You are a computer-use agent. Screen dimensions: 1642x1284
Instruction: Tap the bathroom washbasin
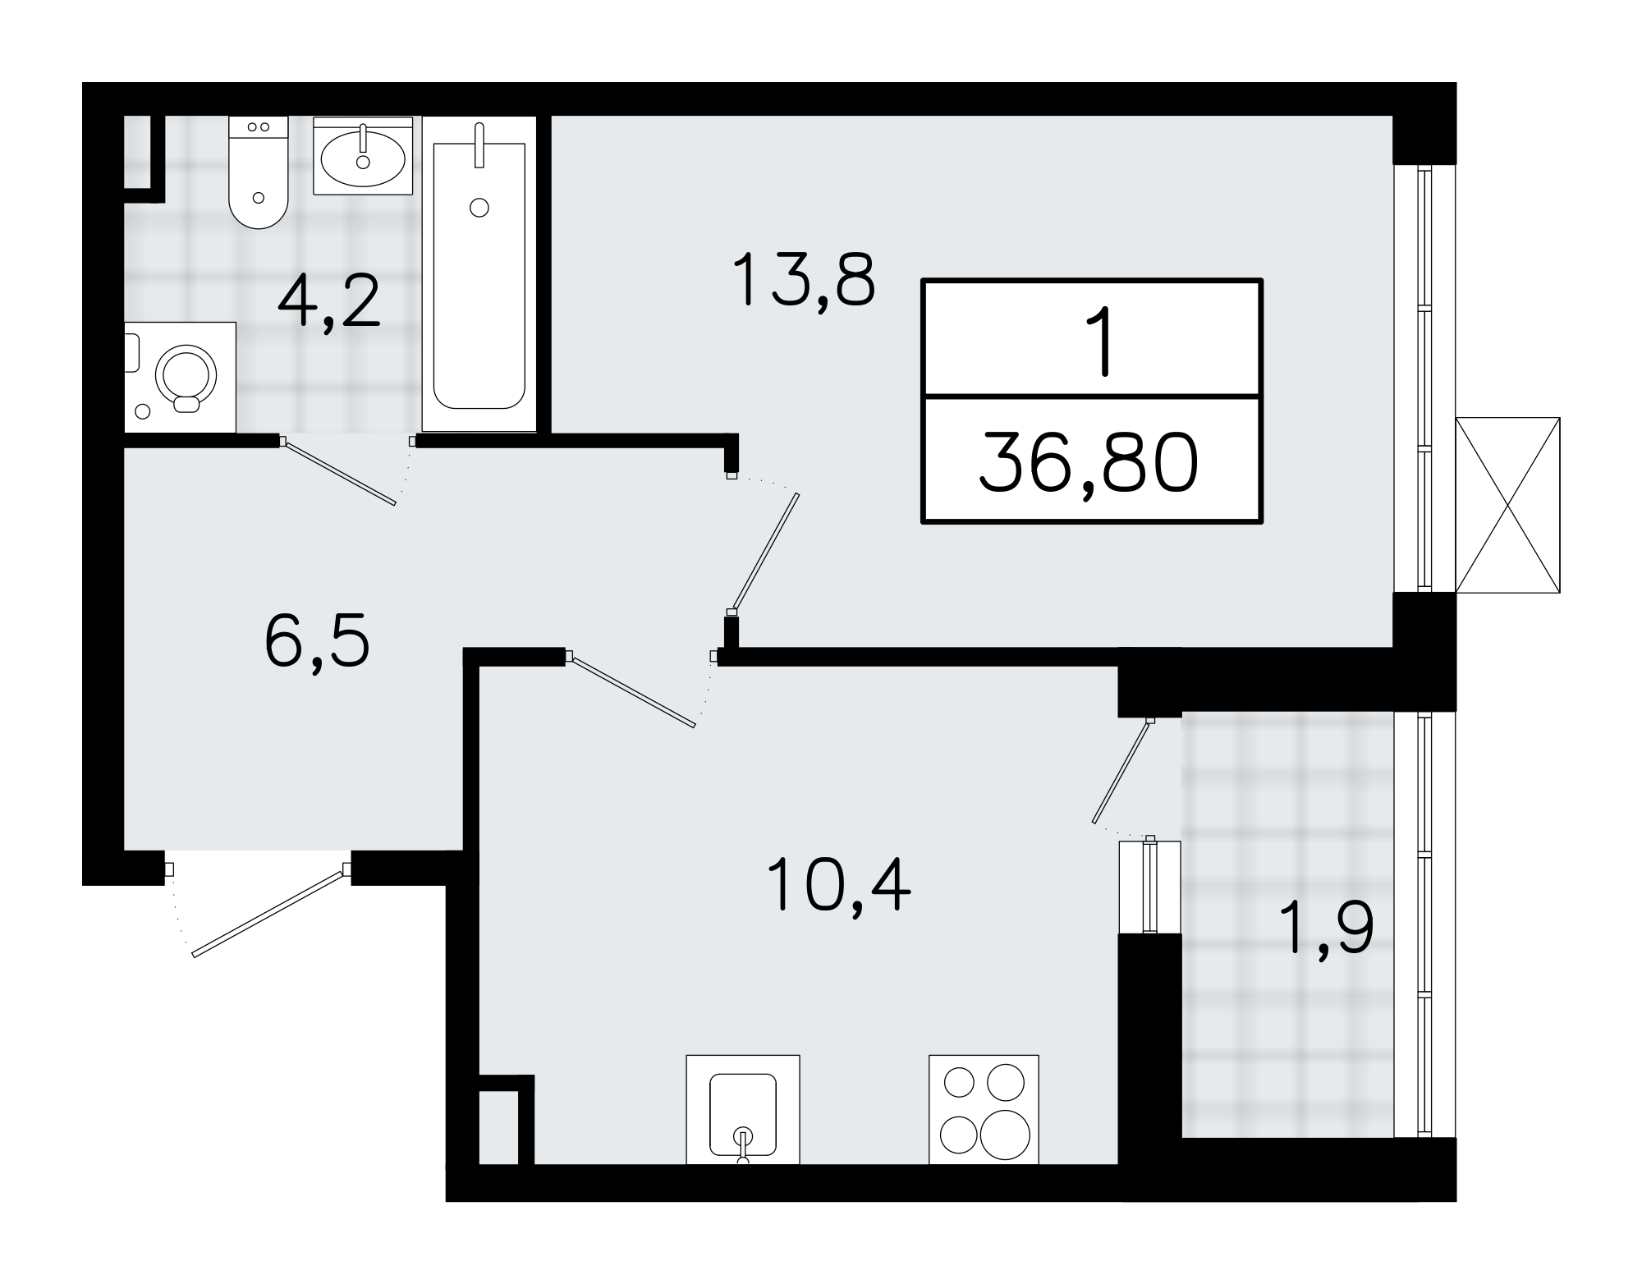[x=363, y=155]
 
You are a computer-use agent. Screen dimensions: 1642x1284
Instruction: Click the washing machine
[x=180, y=377]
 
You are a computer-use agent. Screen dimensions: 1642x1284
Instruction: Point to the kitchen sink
[x=742, y=1109]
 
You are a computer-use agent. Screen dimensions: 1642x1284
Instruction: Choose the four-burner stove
[x=984, y=1109]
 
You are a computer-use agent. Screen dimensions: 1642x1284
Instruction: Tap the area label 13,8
[x=803, y=281]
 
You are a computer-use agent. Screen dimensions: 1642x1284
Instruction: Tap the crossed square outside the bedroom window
[x=1507, y=505]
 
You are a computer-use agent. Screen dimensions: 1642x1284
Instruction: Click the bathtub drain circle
[x=479, y=208]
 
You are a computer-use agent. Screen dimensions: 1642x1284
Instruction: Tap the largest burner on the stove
[x=1002, y=1133]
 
